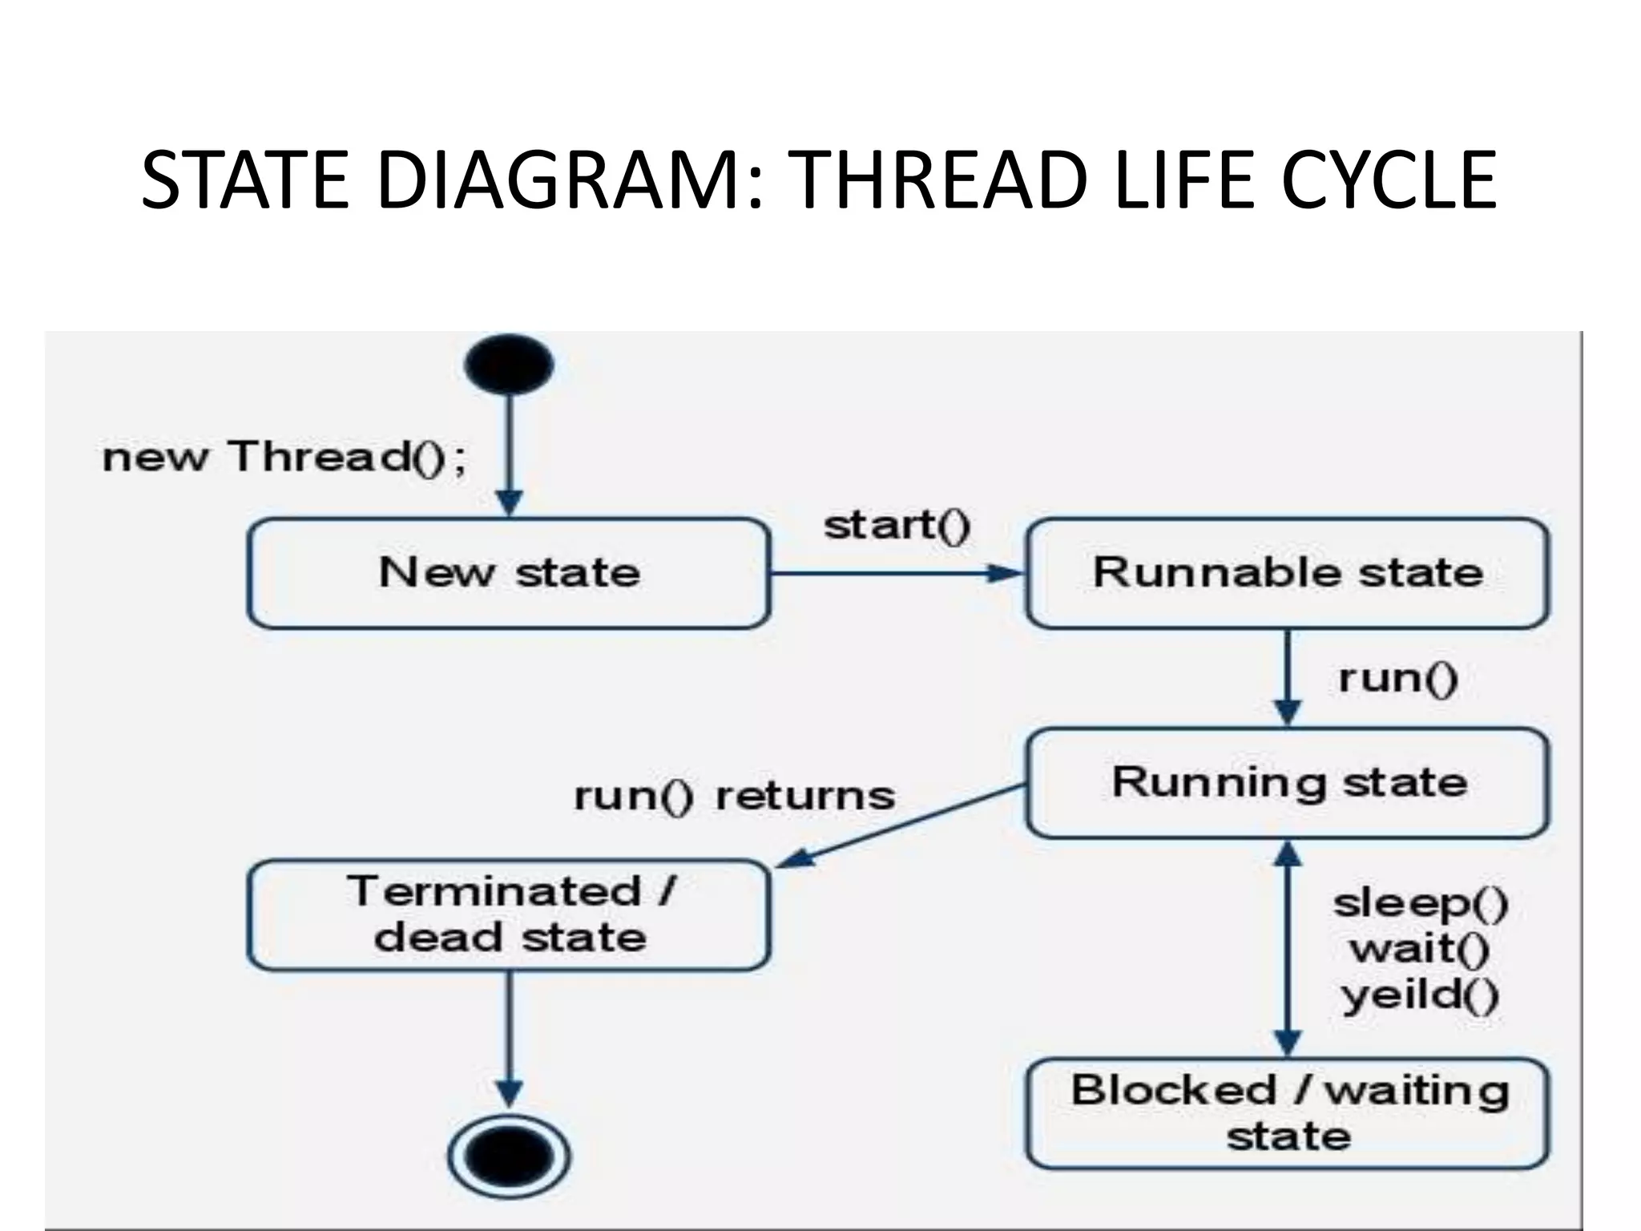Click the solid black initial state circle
(x=509, y=364)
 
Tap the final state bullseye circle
(x=509, y=1156)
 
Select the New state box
(x=509, y=573)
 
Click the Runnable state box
(x=1287, y=573)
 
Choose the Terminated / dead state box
(x=509, y=914)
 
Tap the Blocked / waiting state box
(x=1287, y=1113)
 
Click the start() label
(x=897, y=526)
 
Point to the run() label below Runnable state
(x=1397, y=678)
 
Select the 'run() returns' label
(x=734, y=796)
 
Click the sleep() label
(x=1421, y=903)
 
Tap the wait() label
(x=1419, y=950)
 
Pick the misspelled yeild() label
(x=1419, y=996)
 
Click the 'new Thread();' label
(x=284, y=458)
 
